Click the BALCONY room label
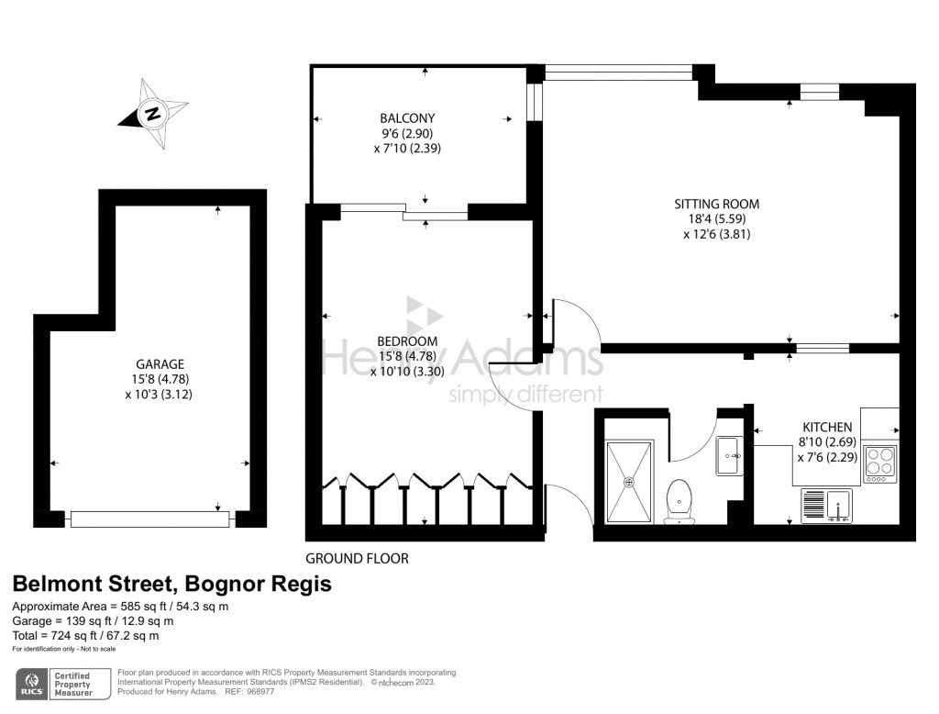(407, 118)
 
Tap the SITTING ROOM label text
(717, 204)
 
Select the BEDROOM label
(407, 341)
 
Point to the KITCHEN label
(827, 427)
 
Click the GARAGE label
(160, 364)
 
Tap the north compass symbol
(153, 113)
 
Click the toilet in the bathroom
(679, 501)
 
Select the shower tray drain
(629, 482)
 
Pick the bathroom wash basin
(729, 455)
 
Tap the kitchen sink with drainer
(826, 506)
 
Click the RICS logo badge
(32, 684)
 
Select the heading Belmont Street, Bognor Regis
(171, 584)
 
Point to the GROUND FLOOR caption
(357, 558)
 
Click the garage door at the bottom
(149, 519)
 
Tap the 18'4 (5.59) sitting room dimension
(717, 218)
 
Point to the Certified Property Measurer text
(73, 684)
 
